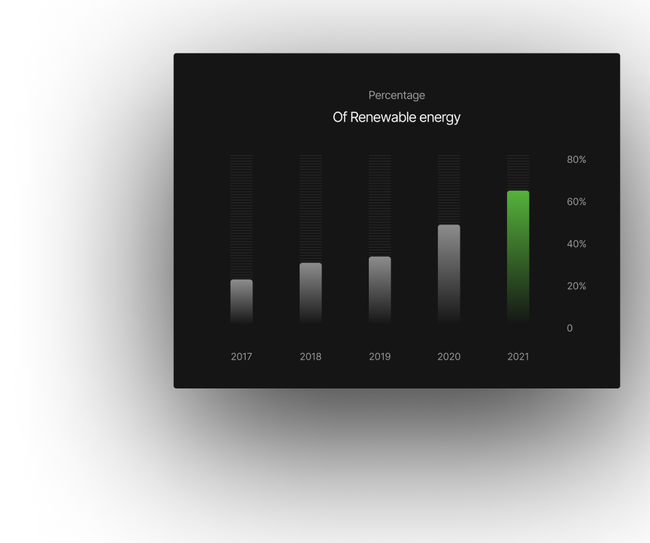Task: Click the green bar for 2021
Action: click(x=518, y=256)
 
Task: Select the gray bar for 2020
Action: click(x=449, y=274)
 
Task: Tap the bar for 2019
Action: click(x=380, y=290)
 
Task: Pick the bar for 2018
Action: click(x=311, y=293)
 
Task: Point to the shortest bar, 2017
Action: click(x=242, y=302)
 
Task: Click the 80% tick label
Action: click(x=576, y=159)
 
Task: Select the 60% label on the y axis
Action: click(x=576, y=202)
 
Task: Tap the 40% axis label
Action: click(x=576, y=244)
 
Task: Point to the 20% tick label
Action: click(x=576, y=287)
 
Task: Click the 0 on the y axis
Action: click(x=569, y=328)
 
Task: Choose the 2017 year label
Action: click(x=242, y=356)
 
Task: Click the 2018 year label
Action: click(x=311, y=356)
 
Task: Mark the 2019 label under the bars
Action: click(x=380, y=356)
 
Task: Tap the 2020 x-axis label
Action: click(x=449, y=356)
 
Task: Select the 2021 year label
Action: click(x=518, y=356)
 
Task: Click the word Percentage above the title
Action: click(x=397, y=96)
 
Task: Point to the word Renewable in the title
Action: click(x=383, y=117)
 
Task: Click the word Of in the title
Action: click(x=339, y=117)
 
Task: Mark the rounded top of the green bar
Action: click(x=518, y=191)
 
